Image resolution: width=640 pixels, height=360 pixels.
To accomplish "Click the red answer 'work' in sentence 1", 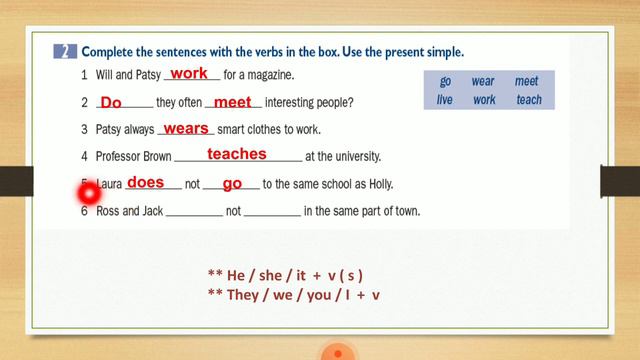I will pos(189,73).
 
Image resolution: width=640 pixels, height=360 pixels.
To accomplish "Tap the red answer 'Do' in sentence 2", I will pos(111,102).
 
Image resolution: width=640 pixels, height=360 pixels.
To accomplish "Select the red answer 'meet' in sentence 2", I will pos(232,101).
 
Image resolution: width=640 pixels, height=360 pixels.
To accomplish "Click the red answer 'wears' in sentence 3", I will pos(185,128).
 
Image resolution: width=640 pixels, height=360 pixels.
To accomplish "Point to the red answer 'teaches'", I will pos(237,154).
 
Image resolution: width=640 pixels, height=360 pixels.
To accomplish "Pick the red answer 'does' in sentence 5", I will pos(145,182).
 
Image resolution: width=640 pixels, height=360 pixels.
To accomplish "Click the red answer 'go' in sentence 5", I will pos(233,183).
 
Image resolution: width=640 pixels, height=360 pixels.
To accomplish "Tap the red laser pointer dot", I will pos(87,193).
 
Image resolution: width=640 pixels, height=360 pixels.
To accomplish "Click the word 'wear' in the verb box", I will pos(483,82).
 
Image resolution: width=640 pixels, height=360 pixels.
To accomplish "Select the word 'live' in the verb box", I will pos(445,100).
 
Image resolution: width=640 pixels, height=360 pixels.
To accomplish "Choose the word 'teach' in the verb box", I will pos(528,100).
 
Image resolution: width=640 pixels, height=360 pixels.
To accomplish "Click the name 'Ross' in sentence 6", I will pos(109,211).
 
